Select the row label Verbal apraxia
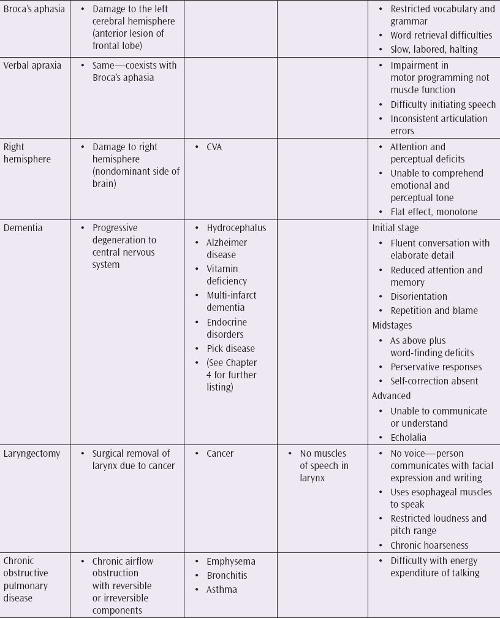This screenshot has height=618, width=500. [32, 66]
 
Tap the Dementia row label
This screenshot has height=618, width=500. [24, 228]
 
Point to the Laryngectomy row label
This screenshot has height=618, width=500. [32, 454]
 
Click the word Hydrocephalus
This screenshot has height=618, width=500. [237, 228]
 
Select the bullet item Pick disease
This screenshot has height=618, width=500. [230, 349]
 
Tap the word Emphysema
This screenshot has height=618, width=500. [231, 562]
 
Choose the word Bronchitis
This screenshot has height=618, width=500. [227, 576]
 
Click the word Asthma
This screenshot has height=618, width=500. [222, 590]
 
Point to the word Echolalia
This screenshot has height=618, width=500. [409, 438]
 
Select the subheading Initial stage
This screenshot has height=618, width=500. [396, 228]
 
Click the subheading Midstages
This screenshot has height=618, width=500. [392, 325]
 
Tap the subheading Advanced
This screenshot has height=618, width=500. [392, 396]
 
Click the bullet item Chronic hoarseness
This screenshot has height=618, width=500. [430, 545]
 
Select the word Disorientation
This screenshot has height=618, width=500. [419, 297]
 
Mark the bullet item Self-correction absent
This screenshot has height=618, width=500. [434, 381]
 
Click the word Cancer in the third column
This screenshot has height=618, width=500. [220, 454]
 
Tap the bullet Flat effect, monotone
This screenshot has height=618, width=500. [434, 212]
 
